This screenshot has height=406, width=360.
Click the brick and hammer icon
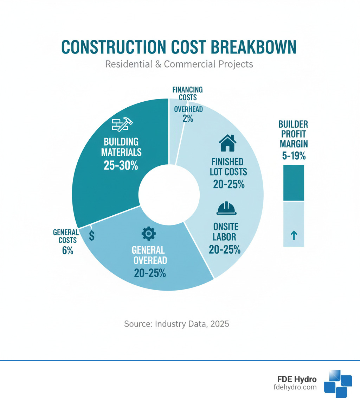122,125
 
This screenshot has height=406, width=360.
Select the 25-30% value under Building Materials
121,166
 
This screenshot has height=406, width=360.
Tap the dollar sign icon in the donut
92,236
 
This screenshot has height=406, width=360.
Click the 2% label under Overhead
188,119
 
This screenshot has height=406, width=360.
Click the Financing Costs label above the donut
187,93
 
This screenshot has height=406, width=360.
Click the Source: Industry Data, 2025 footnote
176,324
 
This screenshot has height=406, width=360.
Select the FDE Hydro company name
296,380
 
